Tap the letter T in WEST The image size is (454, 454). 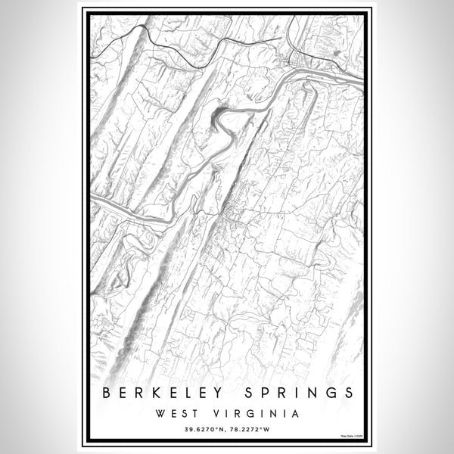pyautogui.click(x=193, y=414)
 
